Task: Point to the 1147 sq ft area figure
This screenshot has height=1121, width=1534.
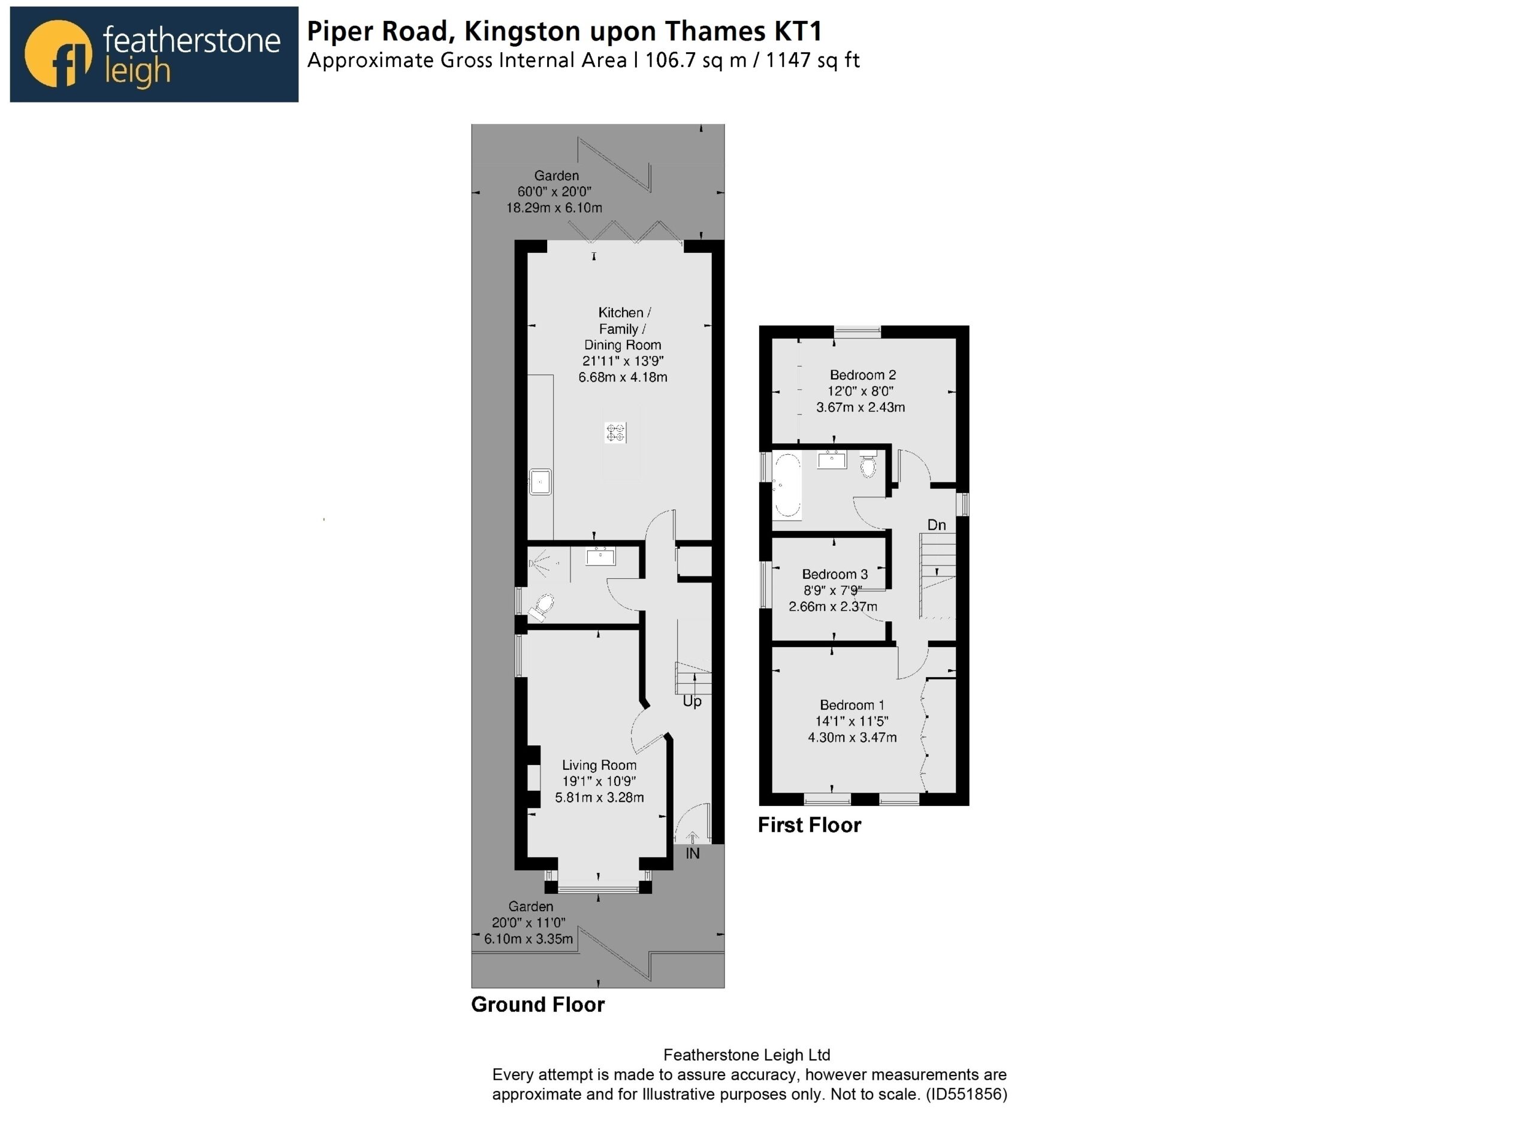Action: coord(813,61)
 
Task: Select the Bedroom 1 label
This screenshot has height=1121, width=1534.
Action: coord(852,705)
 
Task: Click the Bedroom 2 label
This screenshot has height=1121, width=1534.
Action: coord(863,374)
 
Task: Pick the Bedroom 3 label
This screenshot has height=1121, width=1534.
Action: coord(835,574)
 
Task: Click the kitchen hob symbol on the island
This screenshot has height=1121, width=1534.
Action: coord(615,432)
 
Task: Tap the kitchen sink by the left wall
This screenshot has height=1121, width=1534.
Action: coord(540,482)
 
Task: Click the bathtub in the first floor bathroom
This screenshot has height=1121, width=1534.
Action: coord(787,487)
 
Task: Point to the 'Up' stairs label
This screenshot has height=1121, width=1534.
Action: coord(692,701)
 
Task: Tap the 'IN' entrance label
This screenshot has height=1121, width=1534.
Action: coord(692,853)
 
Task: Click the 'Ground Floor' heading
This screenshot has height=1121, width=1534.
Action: coord(537,1004)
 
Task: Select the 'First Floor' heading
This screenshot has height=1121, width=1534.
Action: coord(810,825)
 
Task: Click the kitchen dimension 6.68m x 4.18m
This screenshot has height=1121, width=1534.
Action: coord(623,377)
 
